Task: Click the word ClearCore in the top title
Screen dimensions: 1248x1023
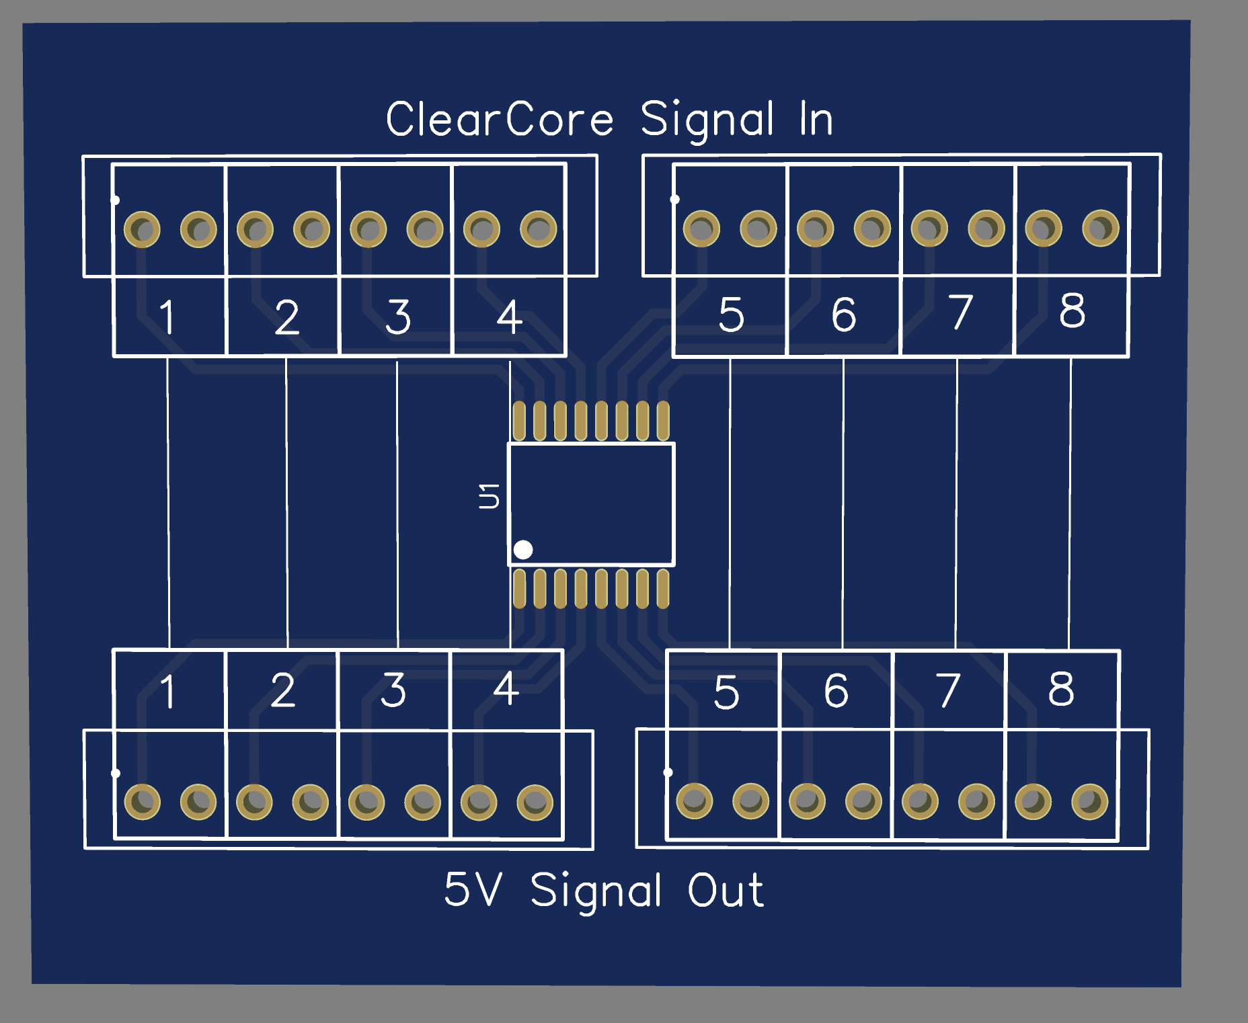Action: [x=500, y=120]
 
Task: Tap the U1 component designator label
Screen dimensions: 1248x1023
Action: [x=489, y=495]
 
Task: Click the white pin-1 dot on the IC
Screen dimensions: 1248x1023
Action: [x=523, y=550]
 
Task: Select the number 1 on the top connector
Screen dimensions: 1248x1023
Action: [x=167, y=317]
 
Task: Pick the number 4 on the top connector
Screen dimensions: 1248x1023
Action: [x=509, y=317]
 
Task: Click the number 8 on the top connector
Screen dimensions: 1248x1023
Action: [x=1072, y=311]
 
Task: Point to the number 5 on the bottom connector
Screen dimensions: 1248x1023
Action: [x=726, y=692]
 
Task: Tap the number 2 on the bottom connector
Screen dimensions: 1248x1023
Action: [x=283, y=690]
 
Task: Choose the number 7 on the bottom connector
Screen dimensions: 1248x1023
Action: [x=948, y=690]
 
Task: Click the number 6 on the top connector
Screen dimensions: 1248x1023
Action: [x=844, y=314]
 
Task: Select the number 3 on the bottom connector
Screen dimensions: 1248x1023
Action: [x=393, y=690]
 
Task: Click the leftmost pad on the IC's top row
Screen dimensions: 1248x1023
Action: [x=519, y=421]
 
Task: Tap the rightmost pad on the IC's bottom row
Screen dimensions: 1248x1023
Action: [x=663, y=589]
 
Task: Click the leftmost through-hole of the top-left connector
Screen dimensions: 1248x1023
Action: [x=142, y=230]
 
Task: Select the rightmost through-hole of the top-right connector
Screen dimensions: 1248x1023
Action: [x=1100, y=229]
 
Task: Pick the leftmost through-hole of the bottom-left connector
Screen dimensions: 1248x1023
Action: [x=143, y=801]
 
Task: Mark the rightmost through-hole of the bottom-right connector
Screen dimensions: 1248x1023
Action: [x=1089, y=801]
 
